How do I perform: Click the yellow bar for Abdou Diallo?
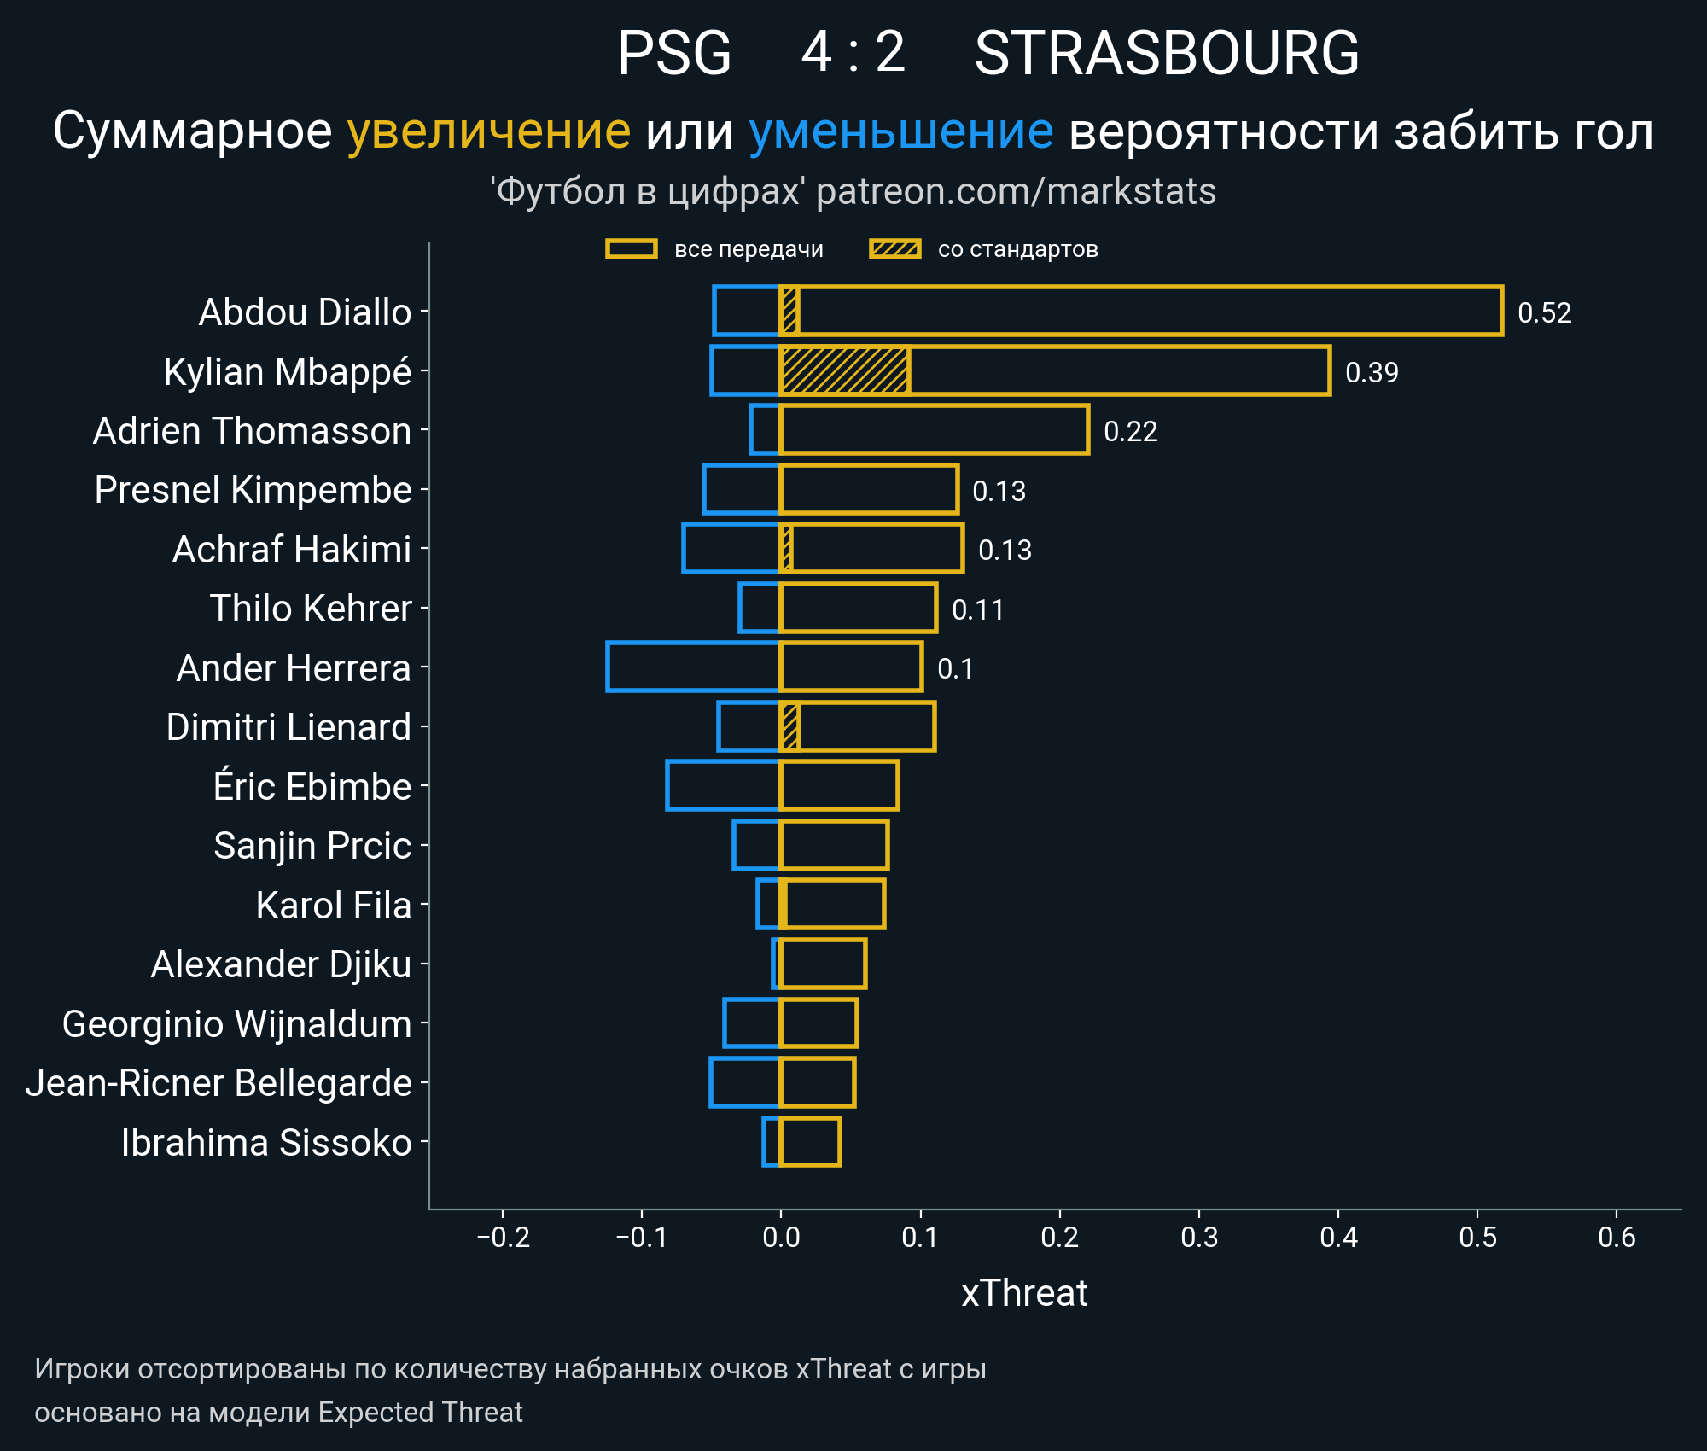(1144, 312)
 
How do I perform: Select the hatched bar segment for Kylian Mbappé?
(844, 371)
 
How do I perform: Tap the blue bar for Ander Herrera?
(693, 667)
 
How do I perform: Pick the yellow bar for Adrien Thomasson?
(935, 430)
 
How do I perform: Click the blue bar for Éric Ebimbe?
(723, 785)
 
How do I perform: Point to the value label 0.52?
(1544, 313)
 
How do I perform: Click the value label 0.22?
(1130, 432)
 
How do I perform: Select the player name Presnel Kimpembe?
(253, 490)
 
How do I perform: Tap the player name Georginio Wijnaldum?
(237, 1024)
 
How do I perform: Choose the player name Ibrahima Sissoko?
(266, 1143)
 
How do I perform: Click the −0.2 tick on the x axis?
(503, 1237)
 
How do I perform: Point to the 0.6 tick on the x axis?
(1617, 1237)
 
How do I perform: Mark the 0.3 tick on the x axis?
(1199, 1237)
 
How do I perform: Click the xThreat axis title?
(1024, 1293)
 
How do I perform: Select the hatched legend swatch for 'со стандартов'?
(894, 249)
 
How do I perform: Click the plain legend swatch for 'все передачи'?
(631, 249)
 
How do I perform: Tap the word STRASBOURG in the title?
(1167, 53)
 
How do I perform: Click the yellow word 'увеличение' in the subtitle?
(489, 131)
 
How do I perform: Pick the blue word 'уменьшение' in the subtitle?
(901, 131)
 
